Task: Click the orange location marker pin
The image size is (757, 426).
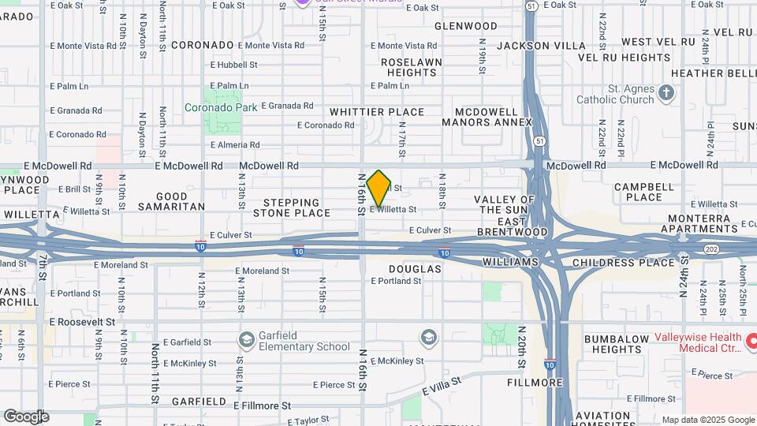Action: [x=379, y=189]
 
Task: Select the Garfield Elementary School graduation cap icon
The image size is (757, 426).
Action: [x=246, y=339]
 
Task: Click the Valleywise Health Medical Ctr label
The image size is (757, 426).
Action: [x=698, y=342]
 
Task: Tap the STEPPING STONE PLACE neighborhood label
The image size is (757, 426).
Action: [x=292, y=207]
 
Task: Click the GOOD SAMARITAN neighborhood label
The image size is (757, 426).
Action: [x=171, y=201]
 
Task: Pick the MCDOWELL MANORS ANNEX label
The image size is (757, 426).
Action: [x=487, y=117]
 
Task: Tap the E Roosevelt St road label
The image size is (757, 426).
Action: [x=82, y=322]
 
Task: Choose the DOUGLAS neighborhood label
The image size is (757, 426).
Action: [x=415, y=269]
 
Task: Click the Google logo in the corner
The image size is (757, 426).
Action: [x=25, y=417]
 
